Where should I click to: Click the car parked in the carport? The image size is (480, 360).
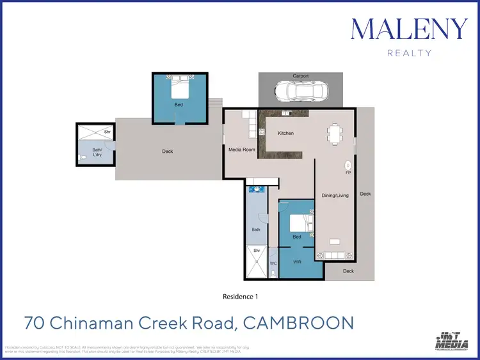tap(300, 91)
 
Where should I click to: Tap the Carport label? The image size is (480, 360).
tap(300, 76)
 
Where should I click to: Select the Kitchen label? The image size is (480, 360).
tap(285, 133)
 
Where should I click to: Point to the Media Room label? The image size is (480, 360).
tap(242, 150)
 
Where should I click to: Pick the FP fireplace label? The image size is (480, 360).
tap(348, 173)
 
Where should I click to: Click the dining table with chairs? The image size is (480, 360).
tap(335, 134)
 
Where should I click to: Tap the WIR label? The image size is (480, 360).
tap(296, 262)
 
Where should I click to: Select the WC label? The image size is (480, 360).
tap(273, 263)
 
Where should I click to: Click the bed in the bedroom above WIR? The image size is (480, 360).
tap(299, 223)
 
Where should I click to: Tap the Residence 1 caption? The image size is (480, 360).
tap(239, 297)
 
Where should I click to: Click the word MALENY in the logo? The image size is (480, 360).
tap(410, 29)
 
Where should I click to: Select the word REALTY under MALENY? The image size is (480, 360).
tap(410, 53)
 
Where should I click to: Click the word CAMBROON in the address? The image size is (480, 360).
tap(299, 322)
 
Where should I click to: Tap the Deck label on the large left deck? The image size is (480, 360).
tap(168, 152)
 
